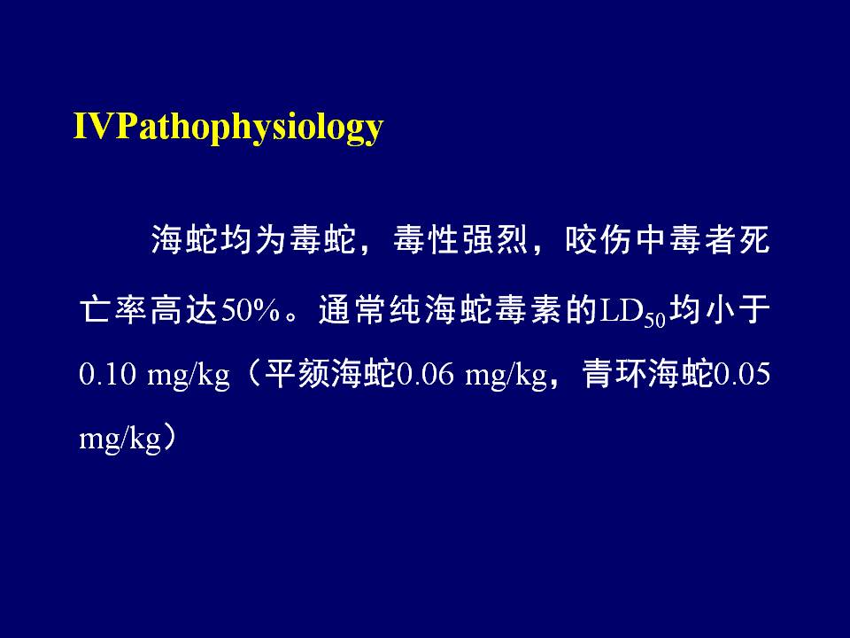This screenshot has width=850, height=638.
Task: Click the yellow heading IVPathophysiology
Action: pos(228,128)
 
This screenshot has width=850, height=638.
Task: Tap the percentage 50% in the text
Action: pos(250,310)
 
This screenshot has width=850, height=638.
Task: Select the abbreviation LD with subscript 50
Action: pos(632,312)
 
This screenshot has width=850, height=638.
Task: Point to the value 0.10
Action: pos(107,374)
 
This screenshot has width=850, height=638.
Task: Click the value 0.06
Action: pos(425,374)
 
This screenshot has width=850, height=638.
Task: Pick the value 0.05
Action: pos(742,374)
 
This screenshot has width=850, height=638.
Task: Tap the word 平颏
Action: pos(297,374)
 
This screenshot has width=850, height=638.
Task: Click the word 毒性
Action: pos(426,239)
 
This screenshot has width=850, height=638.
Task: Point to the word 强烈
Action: pos(495,239)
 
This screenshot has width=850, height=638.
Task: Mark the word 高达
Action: pos(184,310)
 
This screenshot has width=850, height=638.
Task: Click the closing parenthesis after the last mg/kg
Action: pos(170,437)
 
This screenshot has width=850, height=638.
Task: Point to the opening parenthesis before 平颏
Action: pos(252,374)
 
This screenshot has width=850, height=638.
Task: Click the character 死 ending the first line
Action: pos(754,239)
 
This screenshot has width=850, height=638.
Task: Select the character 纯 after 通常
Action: pos(406,310)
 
